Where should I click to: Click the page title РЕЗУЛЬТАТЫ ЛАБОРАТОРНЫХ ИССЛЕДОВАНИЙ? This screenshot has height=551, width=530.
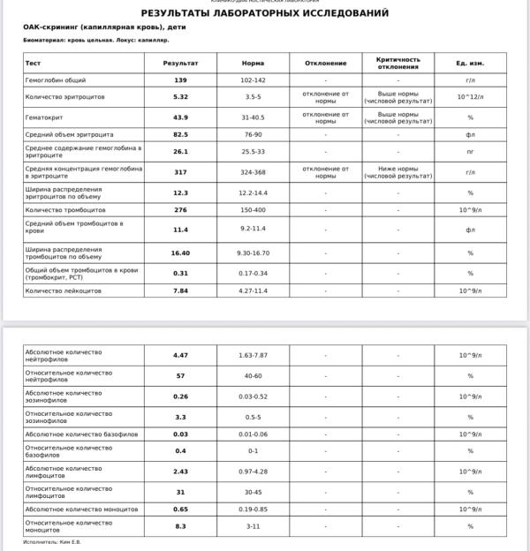(x=264, y=13)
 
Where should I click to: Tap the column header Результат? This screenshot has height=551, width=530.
(x=180, y=64)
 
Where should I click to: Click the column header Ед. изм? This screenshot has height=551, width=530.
(x=470, y=64)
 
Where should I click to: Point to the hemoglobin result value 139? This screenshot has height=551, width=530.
(x=180, y=79)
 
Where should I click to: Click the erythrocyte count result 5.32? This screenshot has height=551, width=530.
(x=180, y=96)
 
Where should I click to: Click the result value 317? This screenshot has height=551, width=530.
(x=180, y=172)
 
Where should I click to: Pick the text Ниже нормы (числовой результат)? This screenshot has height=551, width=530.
(x=397, y=172)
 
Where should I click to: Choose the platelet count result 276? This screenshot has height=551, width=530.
(x=180, y=210)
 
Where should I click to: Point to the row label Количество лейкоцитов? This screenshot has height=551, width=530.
(x=64, y=291)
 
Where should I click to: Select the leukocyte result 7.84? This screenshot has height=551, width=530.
(x=180, y=291)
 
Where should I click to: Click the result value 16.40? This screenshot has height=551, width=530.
(x=180, y=253)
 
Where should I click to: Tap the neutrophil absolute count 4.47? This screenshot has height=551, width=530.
(x=180, y=355)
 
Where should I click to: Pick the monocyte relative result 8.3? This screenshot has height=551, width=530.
(x=180, y=526)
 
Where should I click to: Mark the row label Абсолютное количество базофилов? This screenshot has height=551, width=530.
(x=79, y=434)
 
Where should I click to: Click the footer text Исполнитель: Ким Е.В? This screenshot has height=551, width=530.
(x=51, y=542)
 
